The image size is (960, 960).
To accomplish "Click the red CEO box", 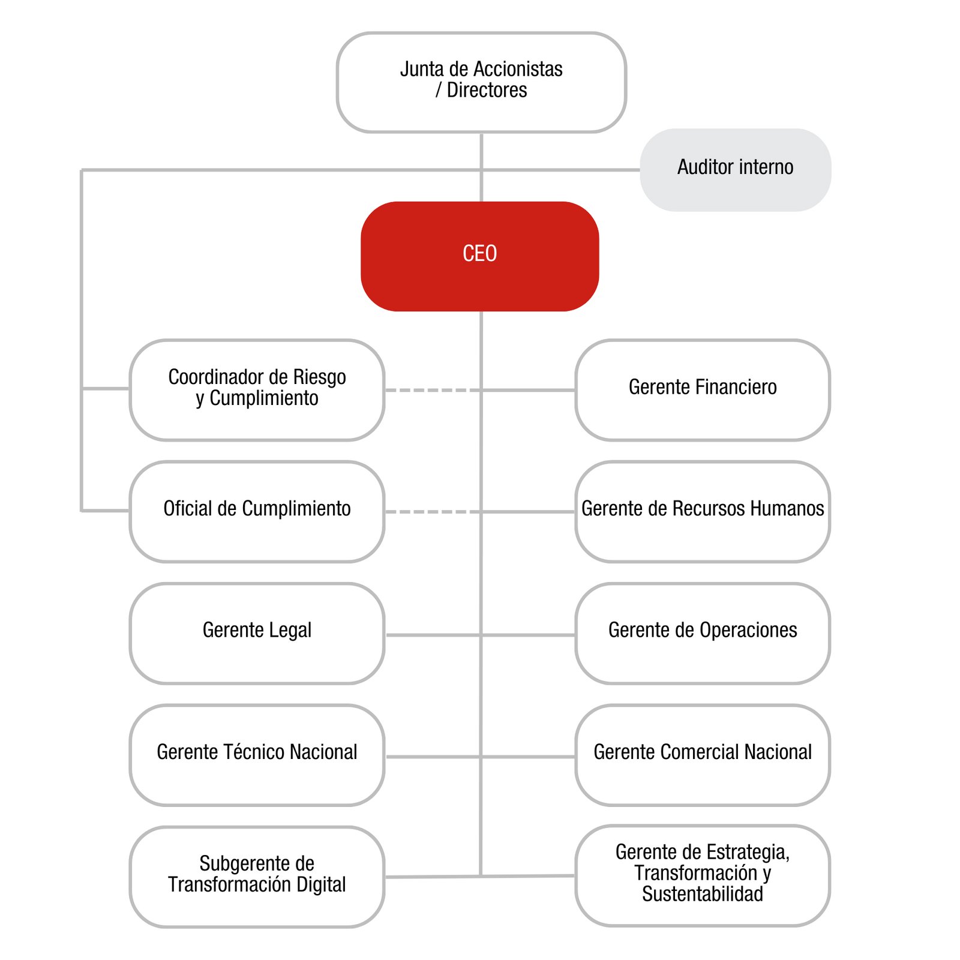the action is [480, 256].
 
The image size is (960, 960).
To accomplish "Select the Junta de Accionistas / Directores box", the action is [481, 82].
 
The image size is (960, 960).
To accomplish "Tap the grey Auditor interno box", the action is [736, 170].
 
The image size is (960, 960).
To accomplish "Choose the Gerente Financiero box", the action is [703, 390].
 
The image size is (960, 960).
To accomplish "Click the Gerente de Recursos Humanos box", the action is [703, 512].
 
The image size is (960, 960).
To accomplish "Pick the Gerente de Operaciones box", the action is [703, 634].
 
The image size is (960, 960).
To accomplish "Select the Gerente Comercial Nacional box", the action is [703, 755].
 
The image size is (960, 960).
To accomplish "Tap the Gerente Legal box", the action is [257, 634].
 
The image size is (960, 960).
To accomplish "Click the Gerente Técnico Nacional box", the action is [257, 755].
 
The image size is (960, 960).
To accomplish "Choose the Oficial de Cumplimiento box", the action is [257, 512].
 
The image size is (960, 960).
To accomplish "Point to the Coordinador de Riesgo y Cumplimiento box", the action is [257, 390].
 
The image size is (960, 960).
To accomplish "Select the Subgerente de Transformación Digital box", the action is [257, 877].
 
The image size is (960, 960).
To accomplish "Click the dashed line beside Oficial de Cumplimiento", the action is [433, 512].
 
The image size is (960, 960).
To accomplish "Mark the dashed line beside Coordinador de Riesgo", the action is [433, 390].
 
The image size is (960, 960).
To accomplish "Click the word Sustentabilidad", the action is [703, 894].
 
